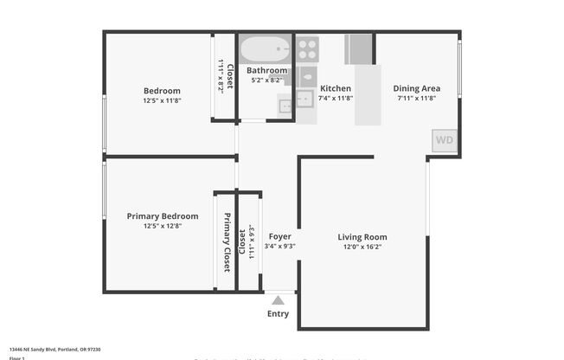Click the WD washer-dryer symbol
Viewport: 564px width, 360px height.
click(445, 140)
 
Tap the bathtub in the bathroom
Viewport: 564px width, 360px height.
click(266, 49)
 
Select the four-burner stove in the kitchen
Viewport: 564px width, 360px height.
click(307, 48)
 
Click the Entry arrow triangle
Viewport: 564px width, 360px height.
click(278, 299)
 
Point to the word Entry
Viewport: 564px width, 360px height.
click(278, 313)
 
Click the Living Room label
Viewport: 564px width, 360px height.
click(362, 236)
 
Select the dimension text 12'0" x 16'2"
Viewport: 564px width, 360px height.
click(362, 247)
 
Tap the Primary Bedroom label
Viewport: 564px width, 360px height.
click(163, 216)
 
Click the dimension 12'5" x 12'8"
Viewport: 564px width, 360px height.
click(163, 227)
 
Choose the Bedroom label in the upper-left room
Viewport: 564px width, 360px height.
click(162, 91)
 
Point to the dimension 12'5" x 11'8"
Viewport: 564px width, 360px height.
click(162, 100)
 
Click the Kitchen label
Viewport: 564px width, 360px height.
click(336, 88)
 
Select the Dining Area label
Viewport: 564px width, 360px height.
click(417, 88)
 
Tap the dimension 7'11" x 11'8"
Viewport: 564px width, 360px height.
click(417, 99)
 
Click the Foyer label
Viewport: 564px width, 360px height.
click(279, 236)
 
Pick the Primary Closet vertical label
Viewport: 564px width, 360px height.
click(227, 242)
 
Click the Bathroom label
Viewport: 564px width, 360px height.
click(266, 70)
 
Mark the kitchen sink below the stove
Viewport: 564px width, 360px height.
click(305, 99)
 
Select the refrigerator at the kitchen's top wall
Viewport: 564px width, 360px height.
click(359, 48)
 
